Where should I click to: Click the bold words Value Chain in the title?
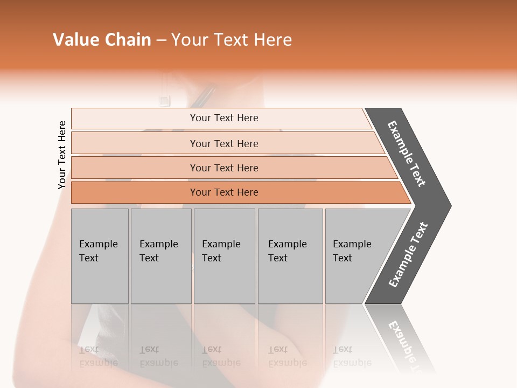click(x=102, y=39)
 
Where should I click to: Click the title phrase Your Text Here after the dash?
click(x=232, y=39)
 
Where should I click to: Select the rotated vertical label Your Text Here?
click(x=62, y=155)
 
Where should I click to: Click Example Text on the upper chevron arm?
click(x=407, y=154)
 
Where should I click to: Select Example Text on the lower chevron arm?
click(x=408, y=255)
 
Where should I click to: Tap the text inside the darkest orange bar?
click(x=224, y=192)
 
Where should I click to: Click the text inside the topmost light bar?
click(x=224, y=118)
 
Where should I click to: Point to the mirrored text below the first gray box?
click(x=98, y=356)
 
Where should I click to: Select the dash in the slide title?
click(x=161, y=40)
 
